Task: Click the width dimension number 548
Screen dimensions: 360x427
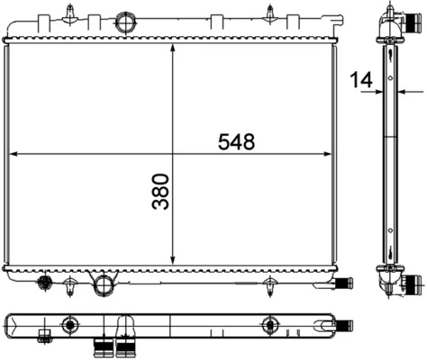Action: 236,141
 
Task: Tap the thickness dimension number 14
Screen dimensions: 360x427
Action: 362,80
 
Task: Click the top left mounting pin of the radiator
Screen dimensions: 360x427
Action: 70,13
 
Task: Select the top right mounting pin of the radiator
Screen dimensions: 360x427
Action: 270,13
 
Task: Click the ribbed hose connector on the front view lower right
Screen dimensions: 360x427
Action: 344,284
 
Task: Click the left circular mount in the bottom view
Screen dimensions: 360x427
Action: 68,325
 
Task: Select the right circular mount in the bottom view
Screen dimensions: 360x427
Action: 268,325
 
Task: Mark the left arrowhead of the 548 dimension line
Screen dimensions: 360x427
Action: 13,154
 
